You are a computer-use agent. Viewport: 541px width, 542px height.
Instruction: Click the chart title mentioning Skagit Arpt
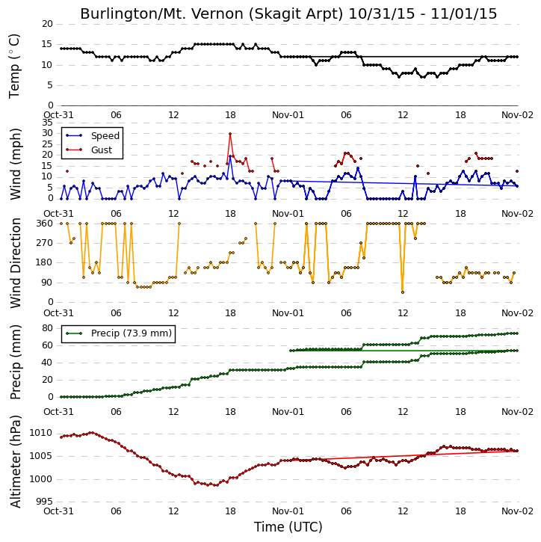point(288,13)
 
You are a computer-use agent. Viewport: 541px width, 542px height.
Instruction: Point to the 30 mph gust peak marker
point(230,134)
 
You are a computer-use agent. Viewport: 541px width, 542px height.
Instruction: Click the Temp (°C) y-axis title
point(14,66)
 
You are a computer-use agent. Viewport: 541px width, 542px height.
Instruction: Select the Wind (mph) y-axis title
point(15,164)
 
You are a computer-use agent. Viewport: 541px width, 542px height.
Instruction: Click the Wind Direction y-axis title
point(15,262)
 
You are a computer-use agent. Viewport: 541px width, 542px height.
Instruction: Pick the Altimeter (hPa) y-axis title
point(15,461)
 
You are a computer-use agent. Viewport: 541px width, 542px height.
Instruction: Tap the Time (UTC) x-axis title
point(288,527)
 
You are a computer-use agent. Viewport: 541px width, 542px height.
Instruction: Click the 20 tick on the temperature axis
point(47,24)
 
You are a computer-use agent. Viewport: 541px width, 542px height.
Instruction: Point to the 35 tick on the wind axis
point(47,123)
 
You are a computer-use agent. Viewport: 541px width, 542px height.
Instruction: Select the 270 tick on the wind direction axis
point(45,243)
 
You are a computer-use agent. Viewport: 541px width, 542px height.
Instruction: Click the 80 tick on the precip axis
point(47,328)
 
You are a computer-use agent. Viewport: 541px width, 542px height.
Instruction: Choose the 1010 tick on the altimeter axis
point(41,433)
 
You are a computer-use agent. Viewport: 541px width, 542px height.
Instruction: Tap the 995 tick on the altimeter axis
point(45,502)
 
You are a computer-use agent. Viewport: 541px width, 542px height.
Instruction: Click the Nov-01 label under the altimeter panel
point(288,511)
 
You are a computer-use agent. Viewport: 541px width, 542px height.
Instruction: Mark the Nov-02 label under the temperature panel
point(517,115)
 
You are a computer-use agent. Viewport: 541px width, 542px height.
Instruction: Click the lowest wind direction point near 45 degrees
point(403,292)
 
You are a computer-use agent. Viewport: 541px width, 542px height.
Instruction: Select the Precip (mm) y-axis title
point(15,363)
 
